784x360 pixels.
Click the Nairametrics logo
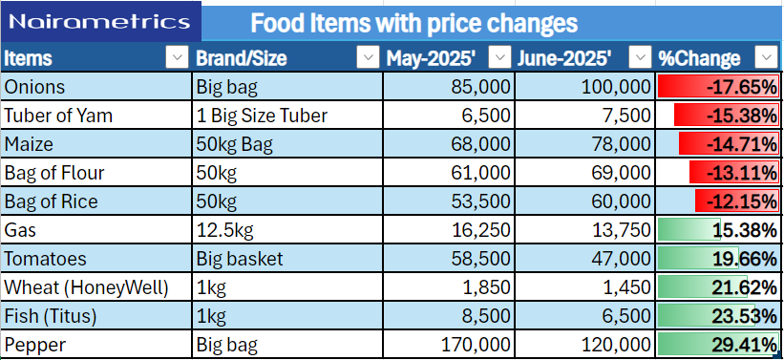click(x=100, y=22)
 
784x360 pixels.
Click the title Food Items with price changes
click(x=414, y=24)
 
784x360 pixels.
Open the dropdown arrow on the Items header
click(x=177, y=57)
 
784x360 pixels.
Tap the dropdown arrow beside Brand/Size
click(x=368, y=57)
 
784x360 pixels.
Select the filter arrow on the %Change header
click(x=767, y=57)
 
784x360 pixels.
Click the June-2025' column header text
click(x=564, y=58)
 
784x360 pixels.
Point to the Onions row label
click(x=34, y=87)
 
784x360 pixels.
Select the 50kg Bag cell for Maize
click(x=235, y=145)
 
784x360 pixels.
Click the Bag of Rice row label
click(x=51, y=202)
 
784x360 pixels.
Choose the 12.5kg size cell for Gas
click(x=224, y=230)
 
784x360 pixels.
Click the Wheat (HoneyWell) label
click(x=87, y=288)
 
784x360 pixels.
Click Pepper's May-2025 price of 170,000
click(x=476, y=345)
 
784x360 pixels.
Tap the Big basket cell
click(x=240, y=259)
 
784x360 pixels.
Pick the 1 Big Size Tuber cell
click(x=262, y=116)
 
